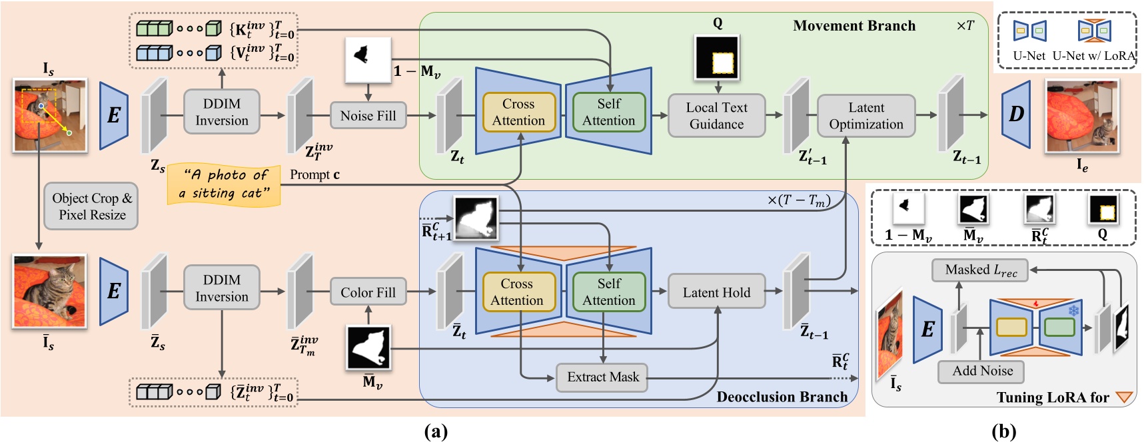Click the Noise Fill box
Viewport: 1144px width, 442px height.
click(x=368, y=116)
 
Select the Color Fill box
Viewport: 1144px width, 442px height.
click(x=368, y=292)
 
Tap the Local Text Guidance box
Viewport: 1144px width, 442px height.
click(x=716, y=116)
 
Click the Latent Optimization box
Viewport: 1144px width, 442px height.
click(x=865, y=116)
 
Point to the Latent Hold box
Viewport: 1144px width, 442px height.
click(x=716, y=292)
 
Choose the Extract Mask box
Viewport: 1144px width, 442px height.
click(x=602, y=377)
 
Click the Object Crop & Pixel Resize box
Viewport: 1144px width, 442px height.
click(x=92, y=206)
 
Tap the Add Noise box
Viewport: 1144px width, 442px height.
click(x=981, y=371)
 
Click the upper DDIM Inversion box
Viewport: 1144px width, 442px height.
click(x=221, y=112)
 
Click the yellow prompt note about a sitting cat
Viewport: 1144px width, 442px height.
click(x=224, y=184)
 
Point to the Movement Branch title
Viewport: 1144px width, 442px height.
click(x=854, y=26)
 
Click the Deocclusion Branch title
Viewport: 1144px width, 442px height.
click(x=782, y=397)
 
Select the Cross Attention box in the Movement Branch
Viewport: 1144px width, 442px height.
click(x=518, y=112)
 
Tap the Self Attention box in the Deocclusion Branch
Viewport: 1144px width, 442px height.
click(x=608, y=292)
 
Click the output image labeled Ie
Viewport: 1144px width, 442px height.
click(x=1082, y=116)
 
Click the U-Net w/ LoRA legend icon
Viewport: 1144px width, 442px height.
click(x=1094, y=31)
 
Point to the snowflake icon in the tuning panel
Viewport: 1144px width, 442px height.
click(x=1073, y=311)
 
